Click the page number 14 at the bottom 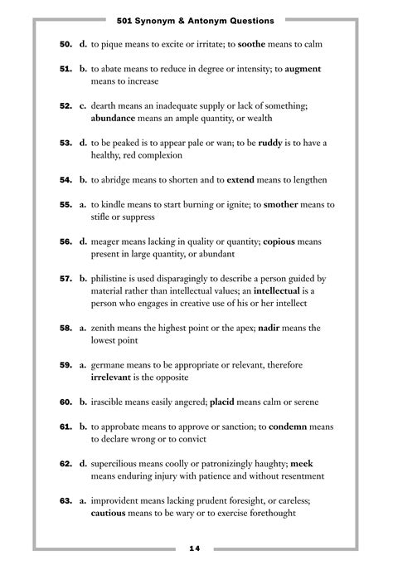click(x=196, y=548)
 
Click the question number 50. click(x=65, y=44)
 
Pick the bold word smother click(x=285, y=204)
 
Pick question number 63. click(x=65, y=500)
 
